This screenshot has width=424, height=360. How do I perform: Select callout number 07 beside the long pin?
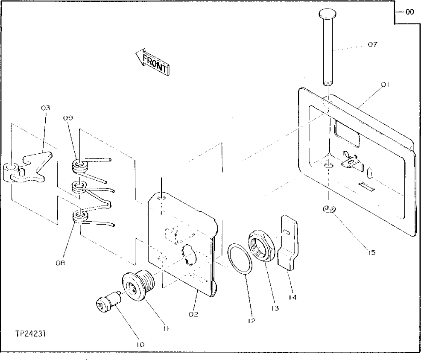click(x=372, y=44)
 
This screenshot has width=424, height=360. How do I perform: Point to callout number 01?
click(x=385, y=85)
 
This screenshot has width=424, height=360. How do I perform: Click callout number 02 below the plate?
click(x=194, y=314)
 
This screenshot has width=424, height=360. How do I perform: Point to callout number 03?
click(x=46, y=108)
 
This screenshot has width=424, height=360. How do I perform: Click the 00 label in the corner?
click(x=409, y=12)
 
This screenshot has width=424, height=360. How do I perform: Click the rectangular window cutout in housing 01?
click(x=347, y=130)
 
